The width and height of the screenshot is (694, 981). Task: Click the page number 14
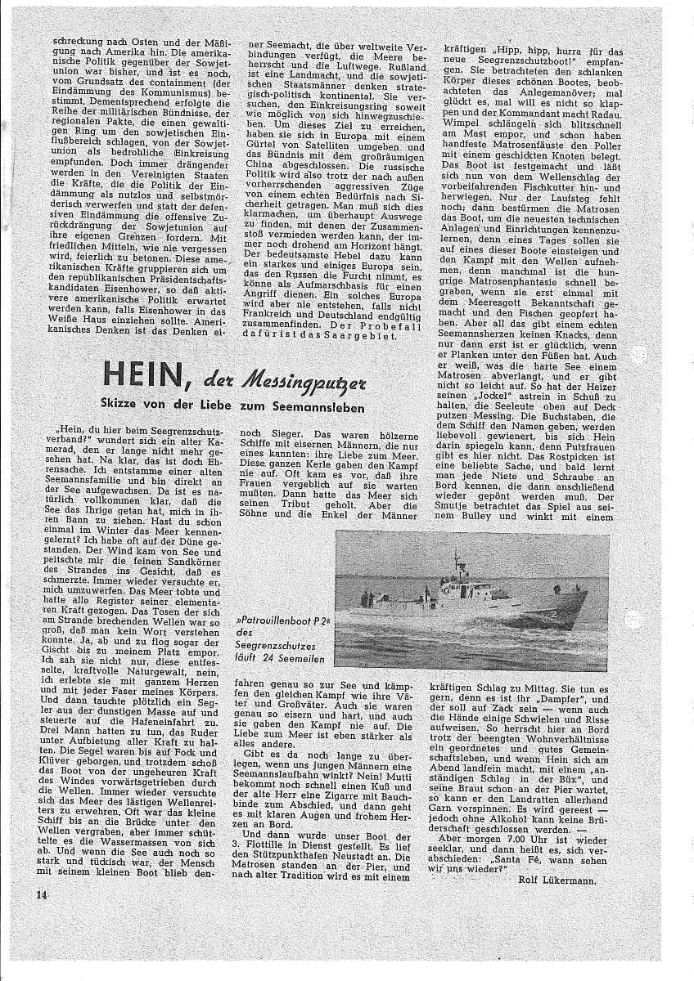tap(43, 894)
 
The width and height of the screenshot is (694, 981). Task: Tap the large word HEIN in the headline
tap(155, 379)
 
